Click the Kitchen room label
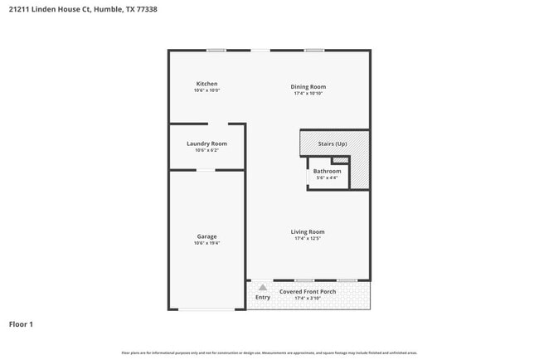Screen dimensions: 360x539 point(206,84)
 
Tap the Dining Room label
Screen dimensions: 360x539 point(308,86)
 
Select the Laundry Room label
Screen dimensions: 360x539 point(206,144)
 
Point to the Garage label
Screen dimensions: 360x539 point(206,236)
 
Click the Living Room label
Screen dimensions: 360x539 point(308,231)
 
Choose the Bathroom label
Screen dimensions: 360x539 point(327,171)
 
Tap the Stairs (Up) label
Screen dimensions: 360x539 point(333,144)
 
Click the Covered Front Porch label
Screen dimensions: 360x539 point(308,291)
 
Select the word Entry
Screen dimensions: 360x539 point(263,297)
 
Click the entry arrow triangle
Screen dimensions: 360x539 point(263,287)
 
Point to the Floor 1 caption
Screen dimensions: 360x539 point(21,324)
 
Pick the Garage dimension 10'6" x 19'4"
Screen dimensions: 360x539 point(206,244)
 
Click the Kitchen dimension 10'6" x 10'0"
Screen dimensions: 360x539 point(206,90)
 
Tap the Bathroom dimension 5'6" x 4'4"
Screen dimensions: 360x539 point(327,178)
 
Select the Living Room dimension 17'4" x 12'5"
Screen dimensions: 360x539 point(308,239)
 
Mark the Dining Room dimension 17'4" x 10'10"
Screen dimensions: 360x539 point(308,94)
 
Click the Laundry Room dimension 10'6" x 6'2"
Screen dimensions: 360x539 point(206,151)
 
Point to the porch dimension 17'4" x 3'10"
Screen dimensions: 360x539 point(308,299)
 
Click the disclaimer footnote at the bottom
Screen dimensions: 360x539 point(269,353)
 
